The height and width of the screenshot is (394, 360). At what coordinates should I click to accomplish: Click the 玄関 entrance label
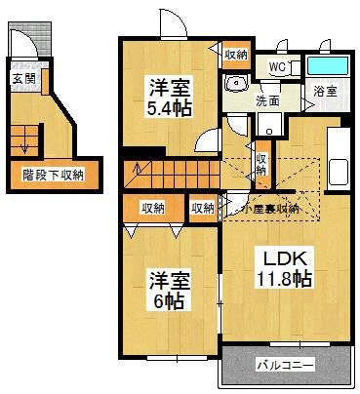tap(23, 78)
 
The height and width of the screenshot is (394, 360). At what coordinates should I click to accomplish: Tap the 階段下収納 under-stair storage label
tap(53, 176)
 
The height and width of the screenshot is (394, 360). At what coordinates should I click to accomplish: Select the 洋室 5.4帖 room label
tap(169, 97)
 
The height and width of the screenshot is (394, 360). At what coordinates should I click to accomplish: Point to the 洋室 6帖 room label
tap(169, 291)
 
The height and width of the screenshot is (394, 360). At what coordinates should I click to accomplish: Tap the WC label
tap(277, 67)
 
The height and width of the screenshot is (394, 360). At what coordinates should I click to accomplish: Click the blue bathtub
tap(327, 66)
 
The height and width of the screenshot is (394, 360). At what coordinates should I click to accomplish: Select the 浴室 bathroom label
tap(325, 92)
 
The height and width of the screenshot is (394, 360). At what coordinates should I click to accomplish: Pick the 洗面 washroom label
tap(267, 100)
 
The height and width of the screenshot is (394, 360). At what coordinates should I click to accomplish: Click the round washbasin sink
tap(237, 84)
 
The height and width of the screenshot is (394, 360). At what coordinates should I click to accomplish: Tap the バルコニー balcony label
tap(286, 365)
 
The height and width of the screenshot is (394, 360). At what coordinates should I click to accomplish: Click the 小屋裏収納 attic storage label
tap(271, 209)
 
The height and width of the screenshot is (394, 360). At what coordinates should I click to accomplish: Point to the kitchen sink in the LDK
tap(339, 173)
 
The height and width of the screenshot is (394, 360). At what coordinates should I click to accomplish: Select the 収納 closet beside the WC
tap(236, 55)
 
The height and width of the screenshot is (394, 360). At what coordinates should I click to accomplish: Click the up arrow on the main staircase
tap(138, 169)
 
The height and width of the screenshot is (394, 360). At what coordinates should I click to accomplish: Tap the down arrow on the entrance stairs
tap(24, 148)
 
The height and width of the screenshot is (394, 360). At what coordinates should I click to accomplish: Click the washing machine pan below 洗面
tap(269, 124)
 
